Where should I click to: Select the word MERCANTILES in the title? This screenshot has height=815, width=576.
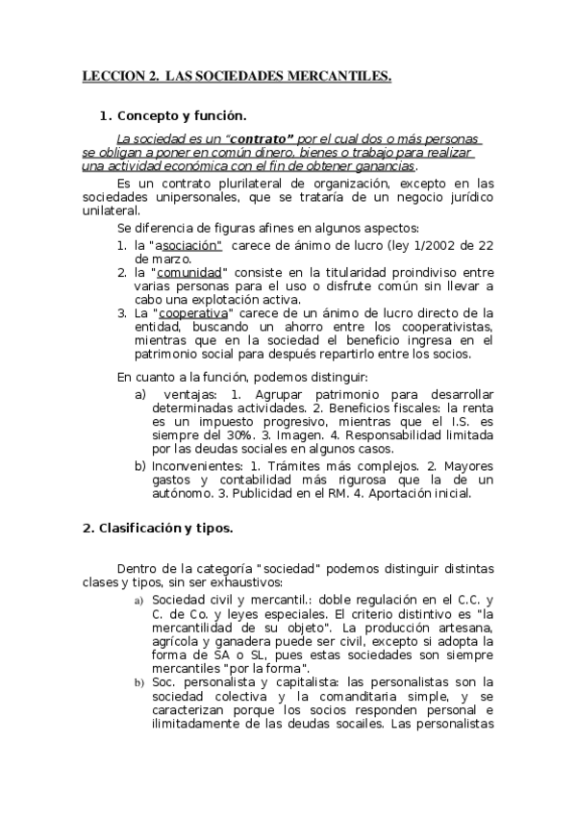point(340,75)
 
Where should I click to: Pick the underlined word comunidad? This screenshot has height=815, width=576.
point(189,272)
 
